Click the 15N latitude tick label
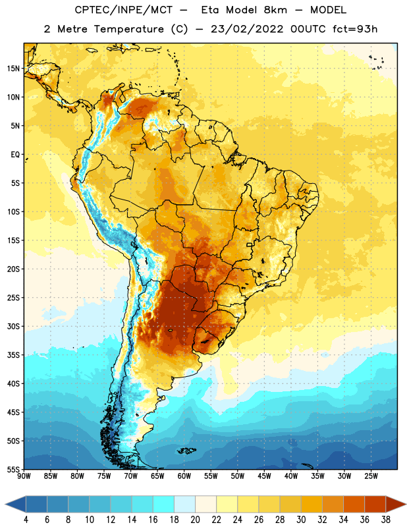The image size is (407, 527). tap(13, 69)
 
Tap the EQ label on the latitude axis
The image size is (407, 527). tap(15, 155)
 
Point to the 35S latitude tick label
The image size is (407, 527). tap(13, 355)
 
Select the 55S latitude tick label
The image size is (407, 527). tap(13, 469)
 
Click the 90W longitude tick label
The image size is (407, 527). tap(24, 476)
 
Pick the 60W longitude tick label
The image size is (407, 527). tap(184, 476)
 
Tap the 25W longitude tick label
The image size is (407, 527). tap(371, 476)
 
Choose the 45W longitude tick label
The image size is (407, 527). tap(264, 476)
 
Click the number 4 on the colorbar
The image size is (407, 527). tap(26, 520)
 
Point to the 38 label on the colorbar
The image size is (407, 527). tap(386, 520)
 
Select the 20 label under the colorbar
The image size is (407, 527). tap(195, 520)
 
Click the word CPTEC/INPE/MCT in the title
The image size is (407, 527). tap(123, 11)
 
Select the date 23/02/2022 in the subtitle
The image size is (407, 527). tap(247, 29)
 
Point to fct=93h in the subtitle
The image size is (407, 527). tap(355, 29)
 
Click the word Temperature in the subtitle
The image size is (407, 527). tap(128, 29)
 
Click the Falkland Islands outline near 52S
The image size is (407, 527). tap(187, 451)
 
